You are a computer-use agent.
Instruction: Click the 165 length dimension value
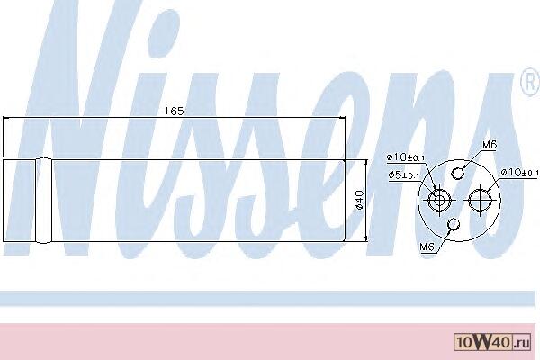point(174,111)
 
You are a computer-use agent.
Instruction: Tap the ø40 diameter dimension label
point(359,200)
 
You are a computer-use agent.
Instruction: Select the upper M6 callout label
point(490,145)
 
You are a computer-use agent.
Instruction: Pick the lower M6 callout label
point(427,247)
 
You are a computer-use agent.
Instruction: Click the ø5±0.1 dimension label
point(404,175)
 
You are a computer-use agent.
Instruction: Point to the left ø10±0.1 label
point(406,157)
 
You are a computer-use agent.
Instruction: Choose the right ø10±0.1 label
point(519,172)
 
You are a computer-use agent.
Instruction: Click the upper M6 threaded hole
point(457,174)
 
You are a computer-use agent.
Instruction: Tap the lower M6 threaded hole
point(454,225)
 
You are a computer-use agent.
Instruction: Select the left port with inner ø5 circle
point(439,200)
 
